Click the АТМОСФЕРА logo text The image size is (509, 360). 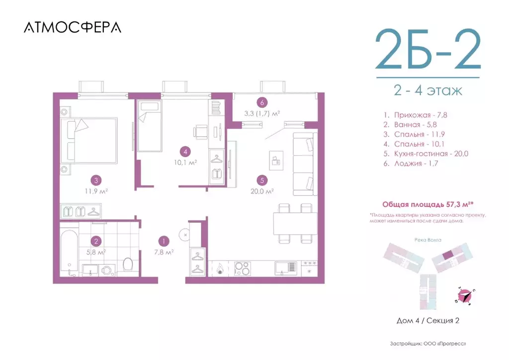[x=73, y=27]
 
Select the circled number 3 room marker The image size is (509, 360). [x=96, y=180]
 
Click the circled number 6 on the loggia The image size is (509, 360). [x=262, y=103]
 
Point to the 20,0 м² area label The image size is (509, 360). [x=262, y=190]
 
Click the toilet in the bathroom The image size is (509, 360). [x=127, y=265]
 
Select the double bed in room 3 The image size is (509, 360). [x=89, y=143]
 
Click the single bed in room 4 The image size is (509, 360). [x=150, y=125]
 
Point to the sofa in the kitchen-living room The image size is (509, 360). [x=304, y=164]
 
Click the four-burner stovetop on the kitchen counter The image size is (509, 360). [x=243, y=268]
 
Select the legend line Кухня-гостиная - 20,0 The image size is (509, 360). [x=423, y=153]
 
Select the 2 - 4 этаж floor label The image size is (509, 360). [x=427, y=91]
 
